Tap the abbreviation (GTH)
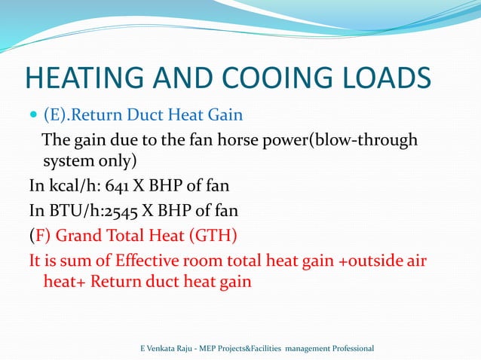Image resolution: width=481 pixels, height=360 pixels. point(212,237)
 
